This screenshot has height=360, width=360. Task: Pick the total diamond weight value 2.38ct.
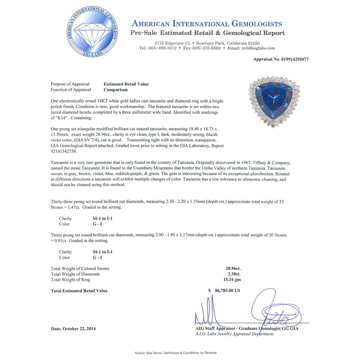point(234,274)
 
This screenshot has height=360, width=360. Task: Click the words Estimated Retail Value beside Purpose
point(126,84)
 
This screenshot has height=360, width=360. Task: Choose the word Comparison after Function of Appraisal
point(115,90)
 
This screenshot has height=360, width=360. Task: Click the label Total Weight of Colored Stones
point(80,268)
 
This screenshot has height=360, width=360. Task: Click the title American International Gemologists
point(207,24)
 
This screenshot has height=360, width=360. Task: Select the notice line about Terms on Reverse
point(175,353)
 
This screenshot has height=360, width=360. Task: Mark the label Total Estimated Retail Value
point(79,291)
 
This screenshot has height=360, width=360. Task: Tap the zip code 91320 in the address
point(253,43)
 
